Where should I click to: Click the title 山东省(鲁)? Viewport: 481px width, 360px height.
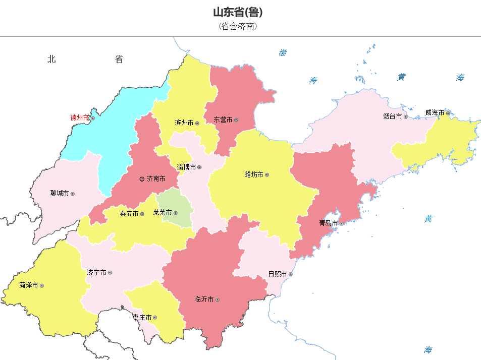point(238,13)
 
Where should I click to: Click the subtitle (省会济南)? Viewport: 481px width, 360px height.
point(238,27)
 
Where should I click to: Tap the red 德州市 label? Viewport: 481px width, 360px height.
point(79,118)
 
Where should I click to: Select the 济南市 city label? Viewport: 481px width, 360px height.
point(156,179)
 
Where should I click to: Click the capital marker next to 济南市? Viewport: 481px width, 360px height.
point(142,179)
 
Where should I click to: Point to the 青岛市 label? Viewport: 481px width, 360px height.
point(328,223)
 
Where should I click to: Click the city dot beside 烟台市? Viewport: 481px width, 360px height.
point(405,116)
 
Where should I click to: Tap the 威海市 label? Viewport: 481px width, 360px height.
point(434,112)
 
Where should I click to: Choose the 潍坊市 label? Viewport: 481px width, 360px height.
point(254,175)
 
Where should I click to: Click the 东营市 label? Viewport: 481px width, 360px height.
point(223,120)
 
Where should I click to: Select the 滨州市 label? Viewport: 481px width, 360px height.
point(184,123)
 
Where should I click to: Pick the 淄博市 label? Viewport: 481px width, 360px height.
point(186,167)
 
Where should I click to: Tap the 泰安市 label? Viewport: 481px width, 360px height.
point(129,214)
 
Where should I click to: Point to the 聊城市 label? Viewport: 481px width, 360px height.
point(59,194)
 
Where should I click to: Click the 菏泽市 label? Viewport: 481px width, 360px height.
point(29,285)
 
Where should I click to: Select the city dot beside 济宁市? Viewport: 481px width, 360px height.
point(110,273)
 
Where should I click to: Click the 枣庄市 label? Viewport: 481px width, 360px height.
point(142,318)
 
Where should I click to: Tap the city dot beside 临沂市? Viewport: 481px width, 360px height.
point(217,300)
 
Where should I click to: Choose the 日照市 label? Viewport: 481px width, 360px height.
point(277,274)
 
